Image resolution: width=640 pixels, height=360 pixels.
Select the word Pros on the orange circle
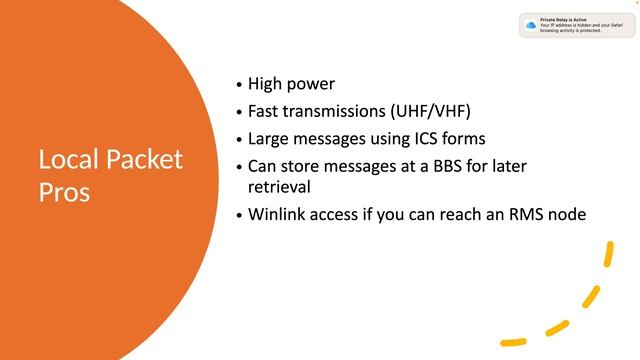(x=65, y=191)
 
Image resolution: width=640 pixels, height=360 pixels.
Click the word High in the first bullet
(x=266, y=85)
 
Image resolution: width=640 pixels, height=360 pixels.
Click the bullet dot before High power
(x=238, y=86)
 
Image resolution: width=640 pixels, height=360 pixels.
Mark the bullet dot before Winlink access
(x=238, y=214)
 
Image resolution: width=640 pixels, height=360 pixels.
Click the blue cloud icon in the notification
(x=530, y=24)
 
